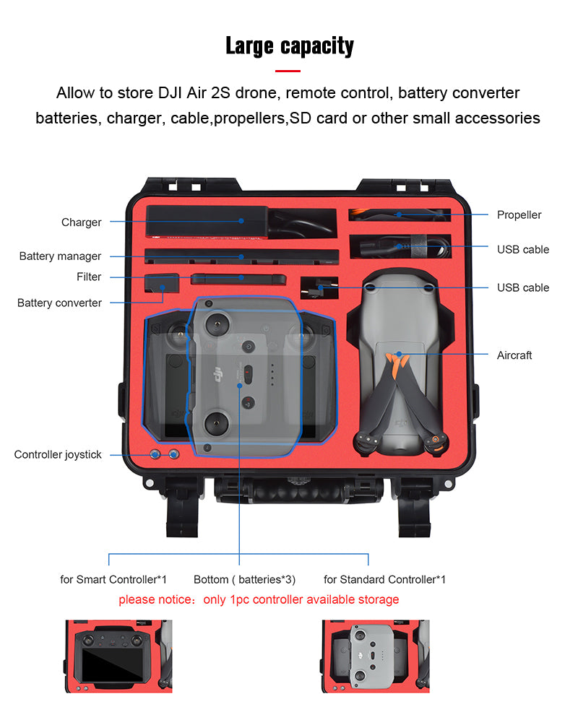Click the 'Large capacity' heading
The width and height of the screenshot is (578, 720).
pyautogui.click(x=289, y=45)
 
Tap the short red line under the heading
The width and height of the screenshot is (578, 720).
pyautogui.click(x=288, y=71)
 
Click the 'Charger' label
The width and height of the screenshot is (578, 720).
pyautogui.click(x=81, y=222)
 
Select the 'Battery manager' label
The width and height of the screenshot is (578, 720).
pyautogui.click(x=60, y=256)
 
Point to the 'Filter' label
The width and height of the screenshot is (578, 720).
pyautogui.click(x=89, y=277)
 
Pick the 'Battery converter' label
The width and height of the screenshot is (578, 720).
pyautogui.click(x=59, y=303)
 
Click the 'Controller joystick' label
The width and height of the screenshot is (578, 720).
pyautogui.click(x=58, y=455)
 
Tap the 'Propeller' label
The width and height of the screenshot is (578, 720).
pyautogui.click(x=519, y=215)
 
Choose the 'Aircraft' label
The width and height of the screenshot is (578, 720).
pyautogui.click(x=514, y=355)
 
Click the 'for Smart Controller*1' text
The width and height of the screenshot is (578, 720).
pyautogui.click(x=113, y=580)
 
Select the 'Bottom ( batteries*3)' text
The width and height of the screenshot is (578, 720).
pyautogui.click(x=244, y=580)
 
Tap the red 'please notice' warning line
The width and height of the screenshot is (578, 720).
pyautogui.click(x=259, y=599)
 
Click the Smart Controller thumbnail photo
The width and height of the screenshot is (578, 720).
pyautogui.click(x=118, y=656)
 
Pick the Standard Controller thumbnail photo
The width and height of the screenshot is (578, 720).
pyautogui.click(x=375, y=656)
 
